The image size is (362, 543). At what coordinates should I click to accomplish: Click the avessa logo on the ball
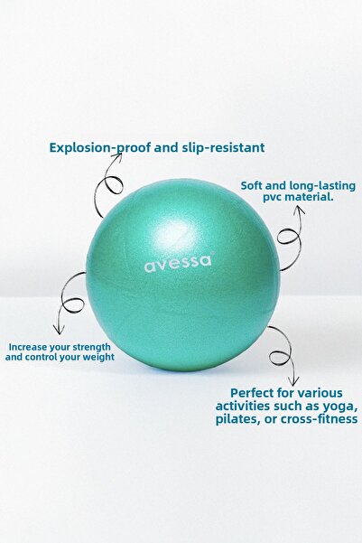(x=177, y=267)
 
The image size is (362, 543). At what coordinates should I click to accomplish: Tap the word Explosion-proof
(x=100, y=147)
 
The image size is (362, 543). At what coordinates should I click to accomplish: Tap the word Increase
(x=30, y=346)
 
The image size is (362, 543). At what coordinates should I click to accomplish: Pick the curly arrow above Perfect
(x=283, y=352)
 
